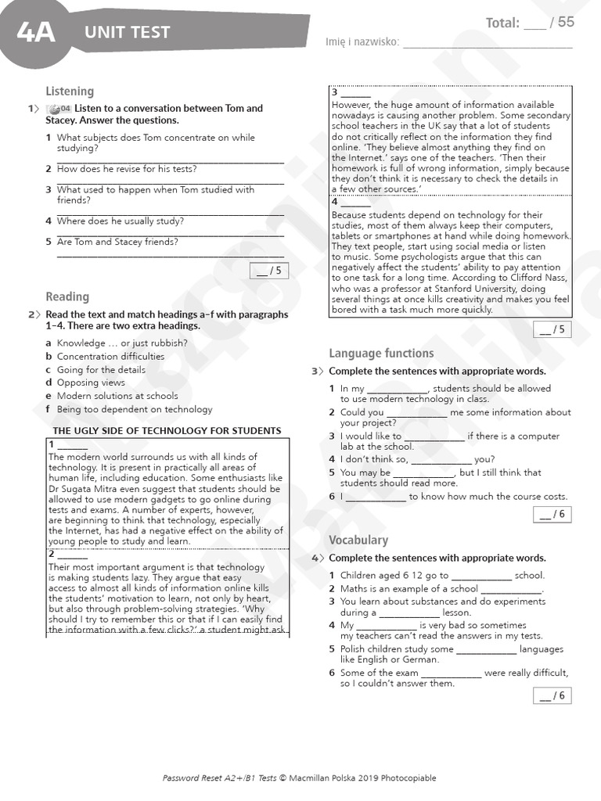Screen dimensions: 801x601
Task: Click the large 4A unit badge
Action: [35, 32]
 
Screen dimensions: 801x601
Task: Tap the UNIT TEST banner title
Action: [127, 32]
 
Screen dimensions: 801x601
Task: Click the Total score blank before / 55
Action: [535, 24]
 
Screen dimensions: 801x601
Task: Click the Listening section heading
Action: [70, 92]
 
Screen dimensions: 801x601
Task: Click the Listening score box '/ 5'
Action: [268, 271]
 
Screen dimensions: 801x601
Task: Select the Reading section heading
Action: [67, 296]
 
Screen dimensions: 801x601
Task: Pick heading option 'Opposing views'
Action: [91, 383]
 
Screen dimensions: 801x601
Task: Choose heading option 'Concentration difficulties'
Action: [110, 356]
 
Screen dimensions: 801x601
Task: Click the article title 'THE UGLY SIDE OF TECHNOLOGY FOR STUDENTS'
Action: [167, 431]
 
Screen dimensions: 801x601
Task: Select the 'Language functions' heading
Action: [381, 354]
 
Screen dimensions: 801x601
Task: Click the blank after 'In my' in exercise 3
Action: [398, 389]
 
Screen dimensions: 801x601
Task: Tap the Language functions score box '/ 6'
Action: [553, 514]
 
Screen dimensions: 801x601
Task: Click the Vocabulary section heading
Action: [358, 540]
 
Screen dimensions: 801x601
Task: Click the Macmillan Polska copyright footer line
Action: [300, 778]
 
